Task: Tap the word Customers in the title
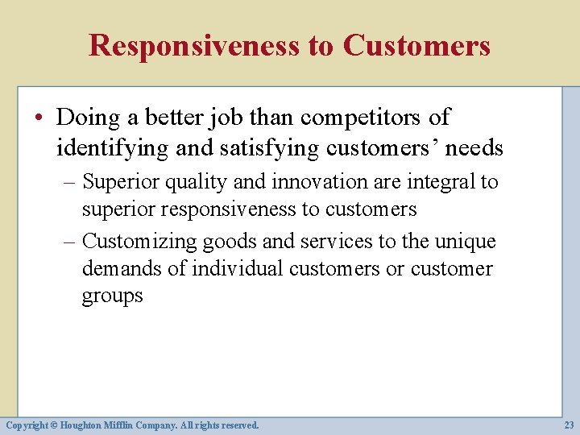[416, 45]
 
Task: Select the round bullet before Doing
[46, 118]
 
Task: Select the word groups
[112, 296]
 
